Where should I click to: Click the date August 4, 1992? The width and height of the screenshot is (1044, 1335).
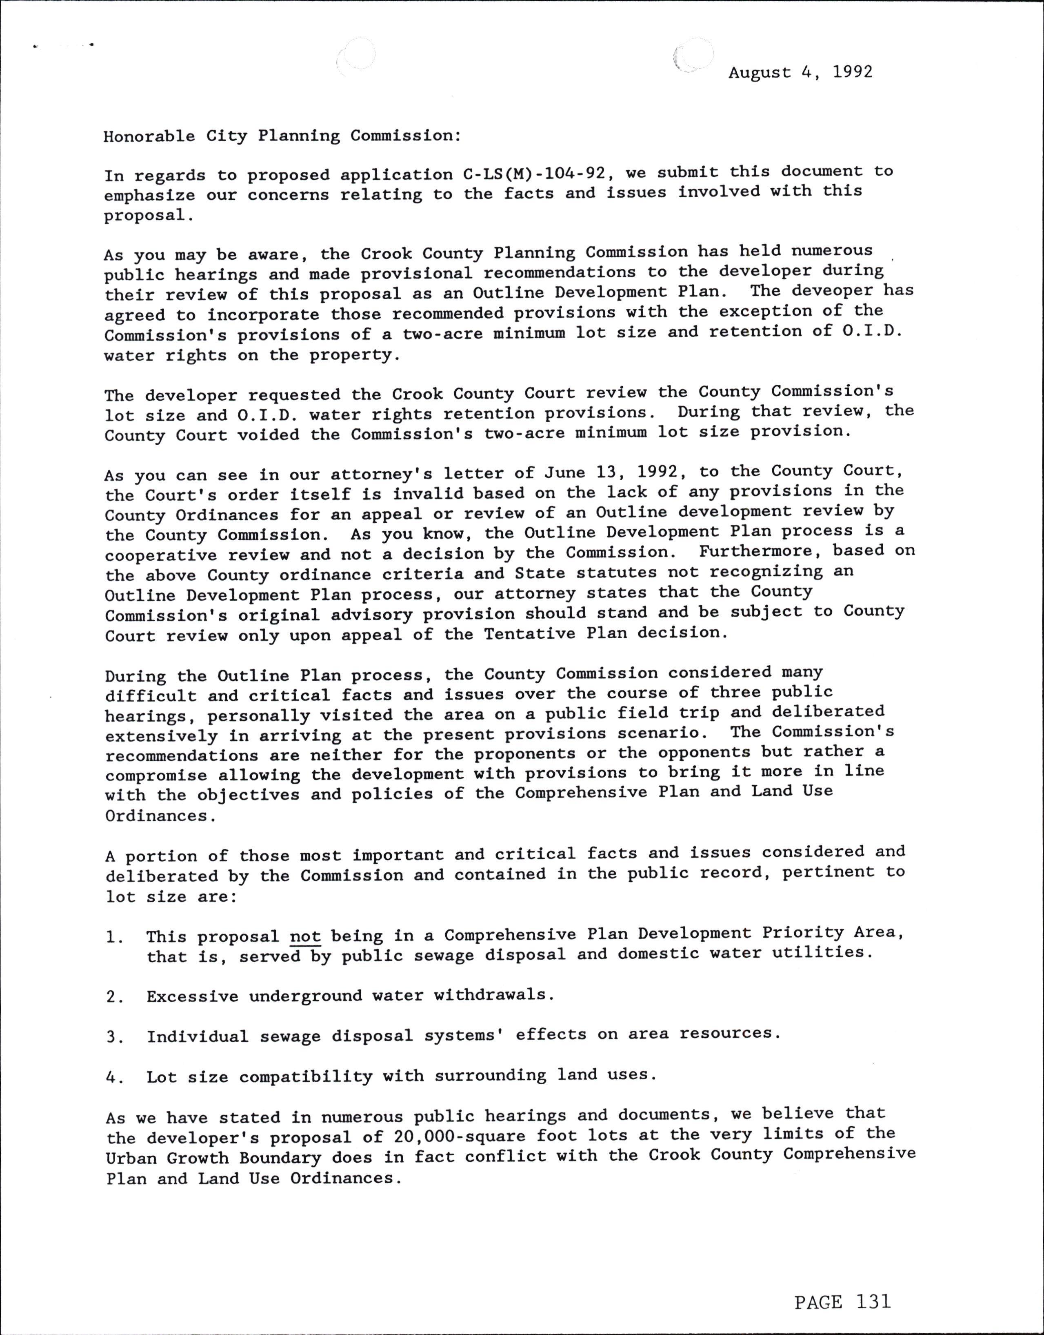click(x=800, y=72)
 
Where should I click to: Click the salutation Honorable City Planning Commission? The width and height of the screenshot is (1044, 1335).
click(x=282, y=135)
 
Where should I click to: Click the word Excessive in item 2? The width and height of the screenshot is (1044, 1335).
click(x=192, y=996)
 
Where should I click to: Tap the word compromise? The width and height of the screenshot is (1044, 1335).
click(x=156, y=776)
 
